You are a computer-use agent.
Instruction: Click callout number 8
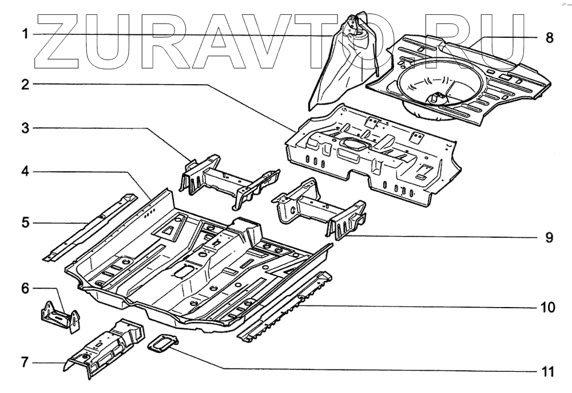(x=549, y=38)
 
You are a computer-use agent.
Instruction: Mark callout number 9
(x=549, y=237)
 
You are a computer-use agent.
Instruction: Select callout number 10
(x=547, y=308)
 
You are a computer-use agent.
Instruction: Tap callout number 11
(x=547, y=372)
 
